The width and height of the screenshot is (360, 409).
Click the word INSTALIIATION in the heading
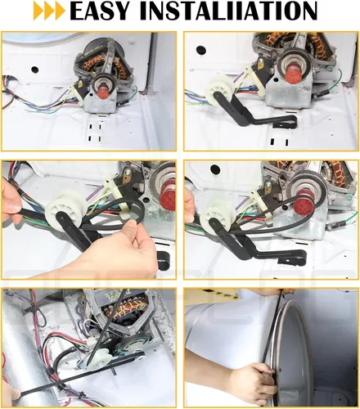point(228,11)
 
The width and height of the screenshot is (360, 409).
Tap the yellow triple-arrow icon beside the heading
point(49,11)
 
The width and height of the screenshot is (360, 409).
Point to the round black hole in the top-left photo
point(34,70)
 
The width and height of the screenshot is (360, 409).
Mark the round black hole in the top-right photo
point(200,50)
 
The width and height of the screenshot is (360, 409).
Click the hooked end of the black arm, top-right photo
point(288,121)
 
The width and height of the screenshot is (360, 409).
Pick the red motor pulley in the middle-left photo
point(166,199)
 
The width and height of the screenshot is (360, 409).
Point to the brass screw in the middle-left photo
point(128,172)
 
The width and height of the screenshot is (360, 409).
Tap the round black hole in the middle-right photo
point(215,169)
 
